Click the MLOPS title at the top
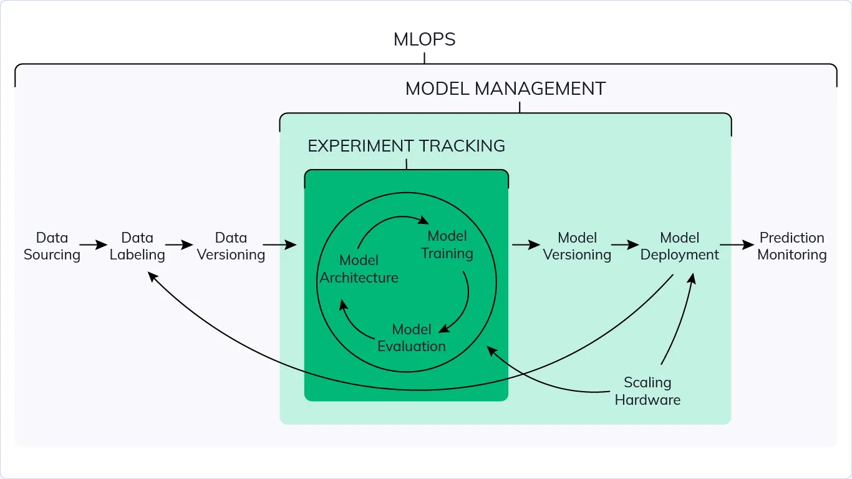[424, 40]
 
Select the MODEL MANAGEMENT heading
[505, 89]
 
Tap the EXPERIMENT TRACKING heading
[406, 146]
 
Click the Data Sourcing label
[52, 246]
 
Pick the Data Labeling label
[137, 246]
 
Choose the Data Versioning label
[231, 246]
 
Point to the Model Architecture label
[359, 269]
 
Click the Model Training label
[447, 244]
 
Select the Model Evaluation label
[412, 337]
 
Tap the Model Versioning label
[577, 246]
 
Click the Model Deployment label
[679, 246]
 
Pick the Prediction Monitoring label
[791, 246]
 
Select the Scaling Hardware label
[647, 391]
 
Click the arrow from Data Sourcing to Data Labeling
[94, 246]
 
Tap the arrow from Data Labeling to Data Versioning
[179, 246]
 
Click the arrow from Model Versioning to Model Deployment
[625, 246]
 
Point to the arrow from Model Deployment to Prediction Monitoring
[737, 246]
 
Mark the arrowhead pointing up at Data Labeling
[152, 275]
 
